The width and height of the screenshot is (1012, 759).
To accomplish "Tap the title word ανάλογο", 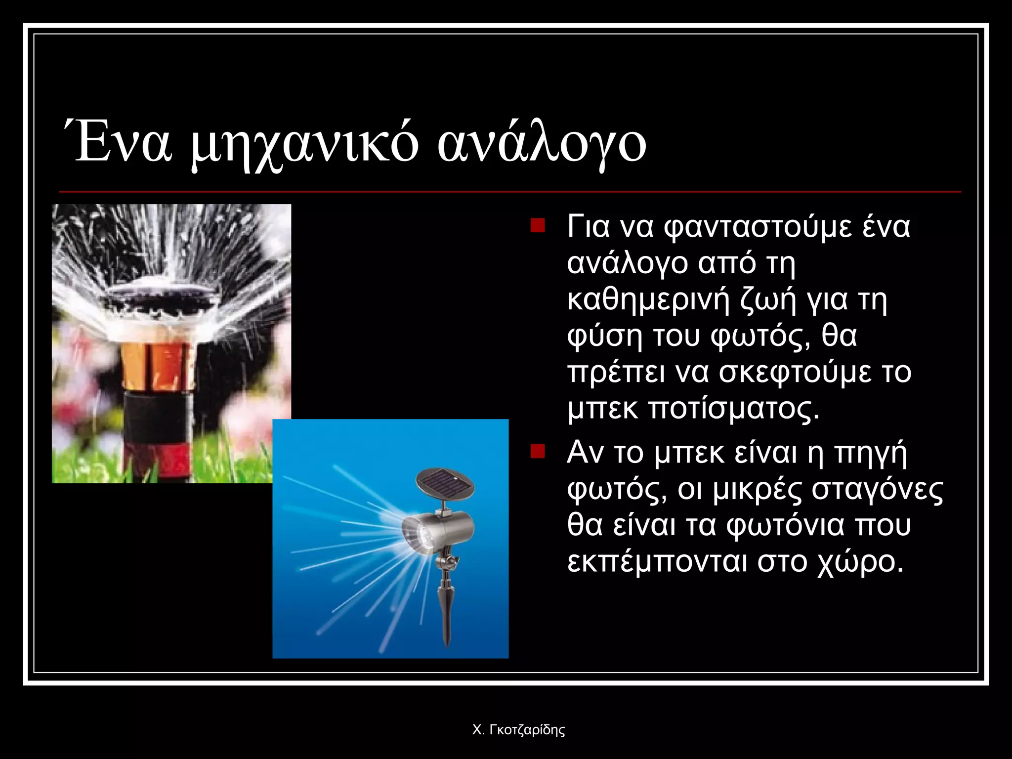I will pos(542,145).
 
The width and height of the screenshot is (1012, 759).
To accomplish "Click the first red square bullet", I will pos(537,226).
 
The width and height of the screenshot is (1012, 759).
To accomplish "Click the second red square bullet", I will pos(537,451).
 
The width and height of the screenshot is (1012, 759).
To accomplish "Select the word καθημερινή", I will pos(648,300).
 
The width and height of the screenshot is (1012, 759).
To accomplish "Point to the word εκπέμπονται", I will pos(658,562).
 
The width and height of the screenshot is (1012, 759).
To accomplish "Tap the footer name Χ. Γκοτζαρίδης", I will pos(518,730).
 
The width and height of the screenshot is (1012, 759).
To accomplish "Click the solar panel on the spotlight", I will pos(444,482).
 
